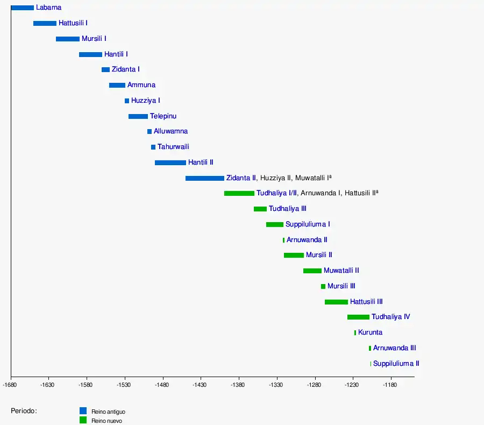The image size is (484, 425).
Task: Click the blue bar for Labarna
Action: click(x=22, y=8)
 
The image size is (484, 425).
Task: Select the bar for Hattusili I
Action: click(x=45, y=23)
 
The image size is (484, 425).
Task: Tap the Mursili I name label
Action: click(x=94, y=39)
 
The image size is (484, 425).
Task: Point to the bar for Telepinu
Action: click(x=138, y=116)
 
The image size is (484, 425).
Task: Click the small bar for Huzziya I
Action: click(x=127, y=101)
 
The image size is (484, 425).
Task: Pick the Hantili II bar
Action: click(x=170, y=162)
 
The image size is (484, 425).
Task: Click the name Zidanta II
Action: click(x=241, y=178)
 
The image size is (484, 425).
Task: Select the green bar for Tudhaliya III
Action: click(x=260, y=209)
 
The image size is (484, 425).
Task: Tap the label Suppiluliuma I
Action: click(x=308, y=224)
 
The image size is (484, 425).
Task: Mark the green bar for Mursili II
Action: click(x=294, y=255)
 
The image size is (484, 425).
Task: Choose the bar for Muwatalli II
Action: click(x=312, y=271)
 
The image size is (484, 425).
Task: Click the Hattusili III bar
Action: click(x=336, y=302)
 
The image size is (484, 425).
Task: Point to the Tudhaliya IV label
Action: click(x=390, y=317)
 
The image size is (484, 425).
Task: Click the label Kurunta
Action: click(x=370, y=332)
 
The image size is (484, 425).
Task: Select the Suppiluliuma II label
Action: click(x=396, y=364)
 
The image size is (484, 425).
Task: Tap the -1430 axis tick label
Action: click(x=200, y=385)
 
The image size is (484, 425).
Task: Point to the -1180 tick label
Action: click(x=390, y=385)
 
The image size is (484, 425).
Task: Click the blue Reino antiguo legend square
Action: click(x=83, y=411)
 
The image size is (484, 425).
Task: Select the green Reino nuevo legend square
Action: click(x=83, y=420)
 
